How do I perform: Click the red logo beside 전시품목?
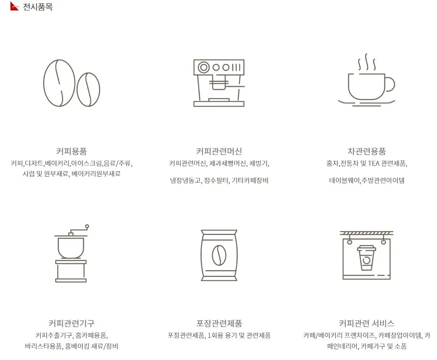pos(14,6)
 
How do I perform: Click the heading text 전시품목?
pos(38,7)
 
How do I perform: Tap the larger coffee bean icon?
pos(59,83)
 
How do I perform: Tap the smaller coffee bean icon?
pos(89,89)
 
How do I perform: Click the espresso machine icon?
pos(218,83)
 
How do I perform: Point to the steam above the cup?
pos(366,62)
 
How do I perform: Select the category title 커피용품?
pos(71,151)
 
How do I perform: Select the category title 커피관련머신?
pos(219,151)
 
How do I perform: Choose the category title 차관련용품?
pos(366,151)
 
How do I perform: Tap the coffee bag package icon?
pos(219,255)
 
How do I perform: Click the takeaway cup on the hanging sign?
pos(366,257)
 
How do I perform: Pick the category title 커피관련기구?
pos(71,323)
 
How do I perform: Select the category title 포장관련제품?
pos(219,323)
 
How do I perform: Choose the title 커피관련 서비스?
pos(366,323)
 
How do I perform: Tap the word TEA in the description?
pos(373,163)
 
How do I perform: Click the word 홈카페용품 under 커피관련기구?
pos(91,335)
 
